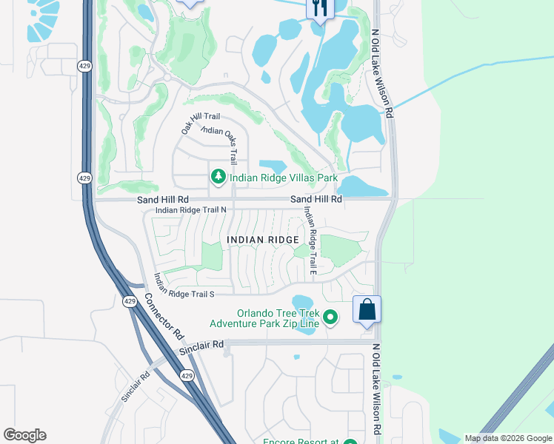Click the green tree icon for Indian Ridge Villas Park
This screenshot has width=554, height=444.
click(218, 178)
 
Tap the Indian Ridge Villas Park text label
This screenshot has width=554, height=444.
click(284, 178)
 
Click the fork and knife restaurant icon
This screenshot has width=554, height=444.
click(320, 8)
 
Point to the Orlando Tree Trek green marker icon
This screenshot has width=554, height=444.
click(330, 317)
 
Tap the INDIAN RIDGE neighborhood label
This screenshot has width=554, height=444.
click(263, 240)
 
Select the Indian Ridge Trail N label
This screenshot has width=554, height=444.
click(190, 210)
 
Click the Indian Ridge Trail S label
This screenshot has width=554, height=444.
click(184, 294)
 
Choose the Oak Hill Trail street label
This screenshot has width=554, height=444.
click(200, 123)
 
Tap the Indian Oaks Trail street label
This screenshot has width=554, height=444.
click(220, 141)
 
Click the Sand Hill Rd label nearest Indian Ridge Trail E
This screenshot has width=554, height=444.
click(316, 199)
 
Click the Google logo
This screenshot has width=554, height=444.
click(24, 435)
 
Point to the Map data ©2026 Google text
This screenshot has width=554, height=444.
click(507, 438)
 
